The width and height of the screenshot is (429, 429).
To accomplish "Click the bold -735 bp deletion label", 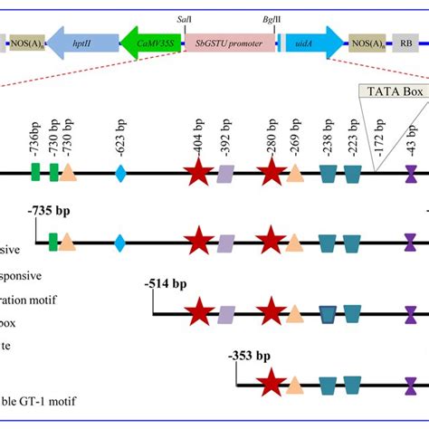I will click(48, 211).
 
